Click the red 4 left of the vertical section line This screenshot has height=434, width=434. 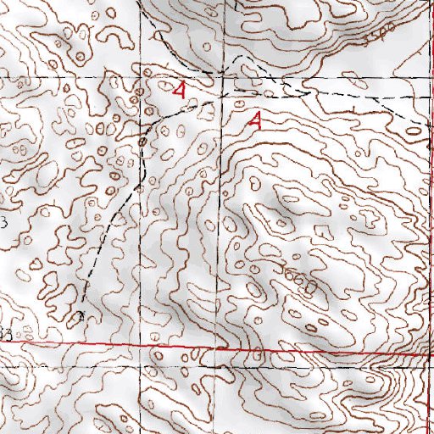pos(178,89)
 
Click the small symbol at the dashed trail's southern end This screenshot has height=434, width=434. pos(81,317)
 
